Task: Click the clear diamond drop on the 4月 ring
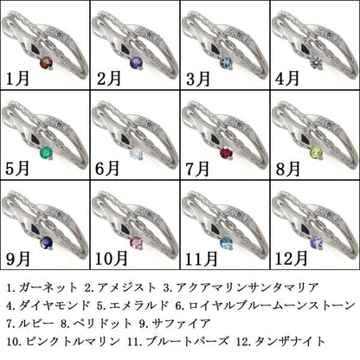pyautogui.click(x=317, y=63)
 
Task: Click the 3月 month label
pyautogui.click(x=198, y=79)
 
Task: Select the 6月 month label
pyautogui.click(x=107, y=169)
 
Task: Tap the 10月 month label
pyautogui.click(x=112, y=259)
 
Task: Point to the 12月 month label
pyautogui.click(x=292, y=259)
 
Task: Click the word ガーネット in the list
pyautogui.click(x=48, y=287)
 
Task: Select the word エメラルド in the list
pyautogui.click(x=138, y=305)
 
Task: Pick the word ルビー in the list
pyautogui.click(x=36, y=324)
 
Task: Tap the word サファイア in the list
pyautogui.click(x=182, y=324)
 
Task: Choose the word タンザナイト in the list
pyautogui.click(x=290, y=342)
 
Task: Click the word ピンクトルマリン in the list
pyautogui.click(x=73, y=342)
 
